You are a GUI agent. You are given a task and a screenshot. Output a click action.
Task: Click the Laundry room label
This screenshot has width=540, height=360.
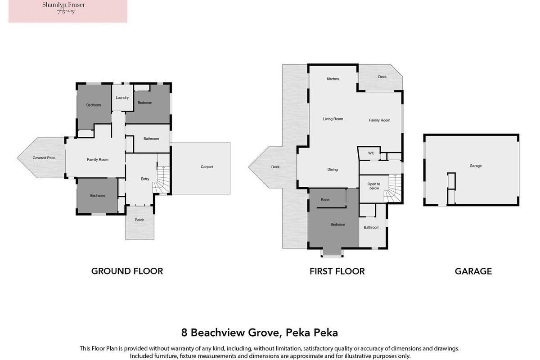point(122,98)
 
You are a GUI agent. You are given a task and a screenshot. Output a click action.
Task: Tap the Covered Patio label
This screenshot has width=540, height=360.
point(44,158)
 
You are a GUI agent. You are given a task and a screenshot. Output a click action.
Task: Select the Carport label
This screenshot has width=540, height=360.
point(207,167)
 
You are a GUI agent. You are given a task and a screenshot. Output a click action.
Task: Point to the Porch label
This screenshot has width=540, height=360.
point(139,220)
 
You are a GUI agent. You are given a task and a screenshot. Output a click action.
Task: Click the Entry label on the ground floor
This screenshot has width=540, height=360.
point(145,179)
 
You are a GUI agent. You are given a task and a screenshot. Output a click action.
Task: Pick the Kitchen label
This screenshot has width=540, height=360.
point(333,79)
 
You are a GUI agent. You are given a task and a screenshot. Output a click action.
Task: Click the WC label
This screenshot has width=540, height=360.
point(371,153)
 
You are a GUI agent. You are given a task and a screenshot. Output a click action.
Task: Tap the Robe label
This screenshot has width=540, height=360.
point(325,200)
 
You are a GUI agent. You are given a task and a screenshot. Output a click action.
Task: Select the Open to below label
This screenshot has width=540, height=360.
point(374,186)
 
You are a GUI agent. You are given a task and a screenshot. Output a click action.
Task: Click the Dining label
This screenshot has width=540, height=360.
point(333,170)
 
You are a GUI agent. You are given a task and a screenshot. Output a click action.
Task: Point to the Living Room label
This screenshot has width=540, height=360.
point(333,119)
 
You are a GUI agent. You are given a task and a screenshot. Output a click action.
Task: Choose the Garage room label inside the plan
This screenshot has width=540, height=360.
point(475,166)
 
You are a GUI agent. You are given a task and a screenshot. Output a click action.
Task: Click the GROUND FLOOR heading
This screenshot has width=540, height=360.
point(127,271)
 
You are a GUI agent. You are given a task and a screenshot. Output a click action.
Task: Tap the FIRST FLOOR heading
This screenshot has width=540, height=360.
point(337,271)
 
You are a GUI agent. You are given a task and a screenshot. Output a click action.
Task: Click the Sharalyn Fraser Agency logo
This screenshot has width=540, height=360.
point(68,11)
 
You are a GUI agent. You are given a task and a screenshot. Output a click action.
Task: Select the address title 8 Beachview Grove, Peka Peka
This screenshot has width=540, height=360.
point(260,333)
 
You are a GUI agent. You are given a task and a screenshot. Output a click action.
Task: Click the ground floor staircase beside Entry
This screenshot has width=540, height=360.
point(162,180)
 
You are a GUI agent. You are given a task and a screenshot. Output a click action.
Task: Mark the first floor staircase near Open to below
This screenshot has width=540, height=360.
point(393,189)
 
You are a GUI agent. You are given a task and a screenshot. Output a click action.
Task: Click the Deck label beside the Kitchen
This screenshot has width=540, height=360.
point(382,77)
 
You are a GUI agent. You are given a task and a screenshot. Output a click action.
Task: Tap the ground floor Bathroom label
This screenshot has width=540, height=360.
point(151,139)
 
